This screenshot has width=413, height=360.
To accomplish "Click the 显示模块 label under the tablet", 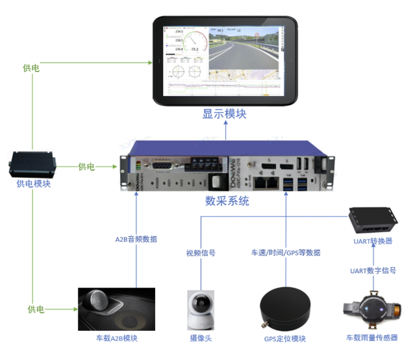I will tap(224, 114).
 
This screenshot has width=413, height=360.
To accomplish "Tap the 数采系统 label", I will tap(227, 201).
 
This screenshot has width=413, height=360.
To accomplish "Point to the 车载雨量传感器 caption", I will tap(372, 338).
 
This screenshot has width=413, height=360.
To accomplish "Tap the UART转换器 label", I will tap(372, 242).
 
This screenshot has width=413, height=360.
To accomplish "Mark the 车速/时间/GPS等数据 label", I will tap(286, 253).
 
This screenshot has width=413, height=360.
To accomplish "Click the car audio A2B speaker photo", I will tap(116, 309).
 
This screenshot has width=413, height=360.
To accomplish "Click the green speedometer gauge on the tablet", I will tap(193, 42).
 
